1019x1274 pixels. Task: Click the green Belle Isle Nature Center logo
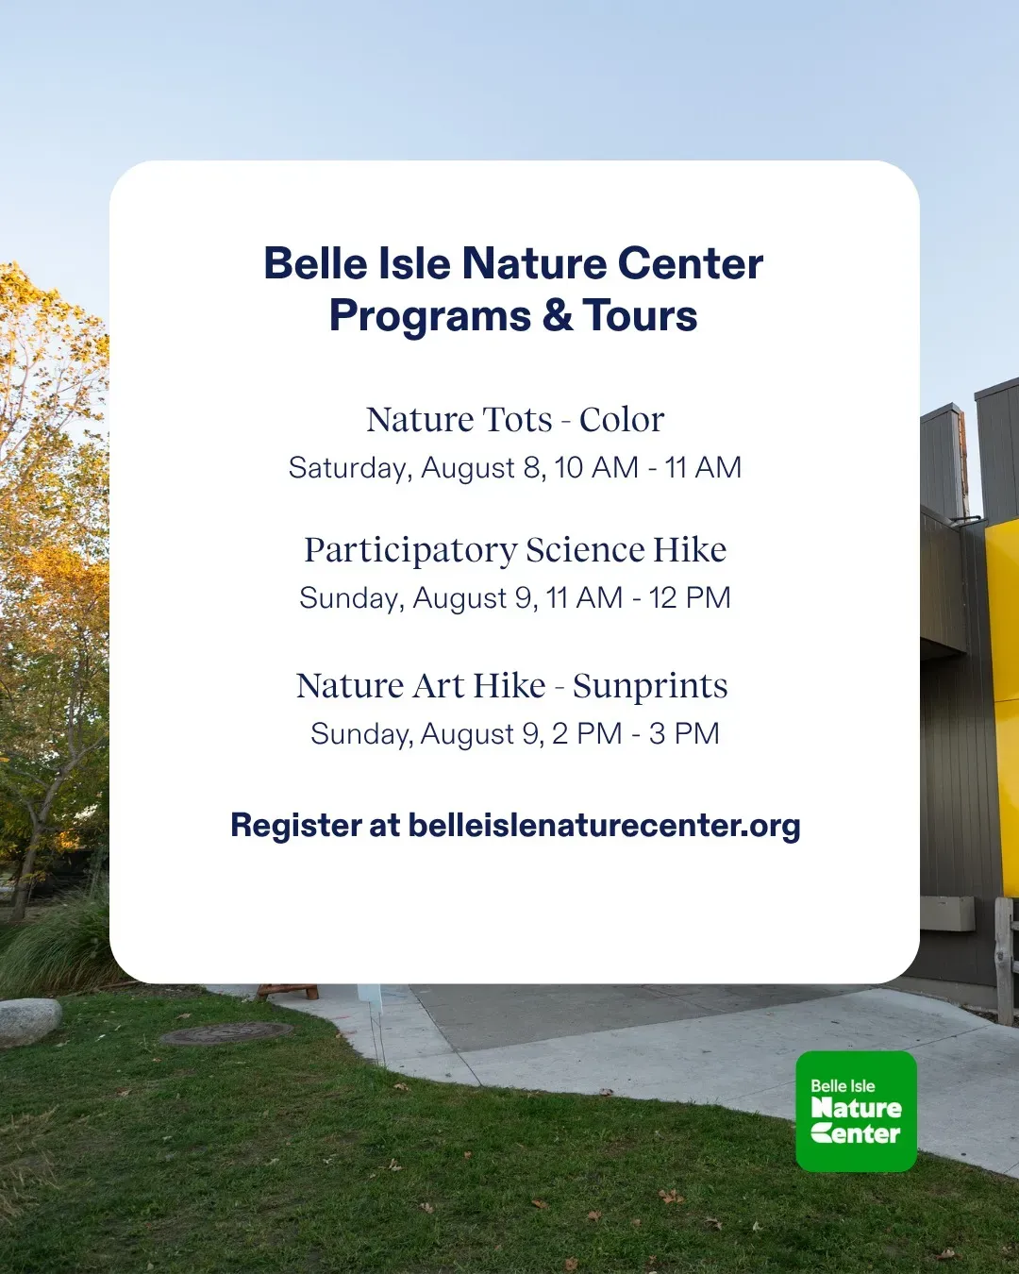point(856,1111)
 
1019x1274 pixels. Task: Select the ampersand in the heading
point(558,315)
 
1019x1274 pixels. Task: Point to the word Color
point(622,420)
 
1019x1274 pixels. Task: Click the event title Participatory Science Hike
point(515,550)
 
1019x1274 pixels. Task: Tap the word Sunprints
point(650,687)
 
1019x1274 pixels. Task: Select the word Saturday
point(350,468)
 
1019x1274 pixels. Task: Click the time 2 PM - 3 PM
point(636,733)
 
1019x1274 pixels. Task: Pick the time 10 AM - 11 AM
point(648,467)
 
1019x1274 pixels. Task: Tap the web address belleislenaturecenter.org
point(605,825)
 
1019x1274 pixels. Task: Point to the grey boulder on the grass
point(29,1021)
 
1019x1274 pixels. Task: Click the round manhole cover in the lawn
point(226,1033)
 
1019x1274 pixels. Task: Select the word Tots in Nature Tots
point(517,420)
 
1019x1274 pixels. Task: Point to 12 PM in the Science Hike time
point(690,597)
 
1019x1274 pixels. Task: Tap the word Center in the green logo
point(856,1133)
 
